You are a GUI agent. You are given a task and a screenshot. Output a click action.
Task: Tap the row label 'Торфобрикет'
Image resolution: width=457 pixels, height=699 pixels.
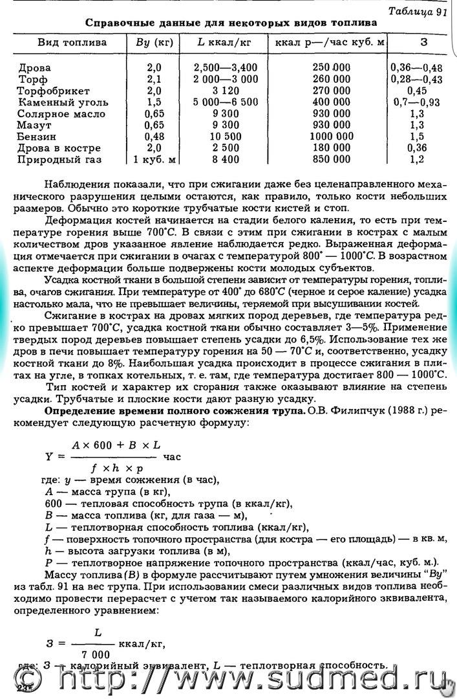pos(54,91)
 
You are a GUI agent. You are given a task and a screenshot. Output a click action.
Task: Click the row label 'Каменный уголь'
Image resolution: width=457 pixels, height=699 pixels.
pos(63,102)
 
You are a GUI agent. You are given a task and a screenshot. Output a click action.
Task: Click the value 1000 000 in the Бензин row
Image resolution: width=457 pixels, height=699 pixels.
pos(331,137)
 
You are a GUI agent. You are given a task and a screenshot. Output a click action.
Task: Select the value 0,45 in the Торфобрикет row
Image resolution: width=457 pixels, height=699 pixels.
pos(417,91)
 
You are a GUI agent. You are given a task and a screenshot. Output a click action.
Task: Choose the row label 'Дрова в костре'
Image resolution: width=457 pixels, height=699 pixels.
pos(59,148)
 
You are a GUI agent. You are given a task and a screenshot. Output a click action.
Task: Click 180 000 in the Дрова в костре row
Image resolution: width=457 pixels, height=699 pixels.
pos(331,148)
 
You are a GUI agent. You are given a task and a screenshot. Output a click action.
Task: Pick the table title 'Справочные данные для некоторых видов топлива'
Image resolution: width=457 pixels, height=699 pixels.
pos(231,22)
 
